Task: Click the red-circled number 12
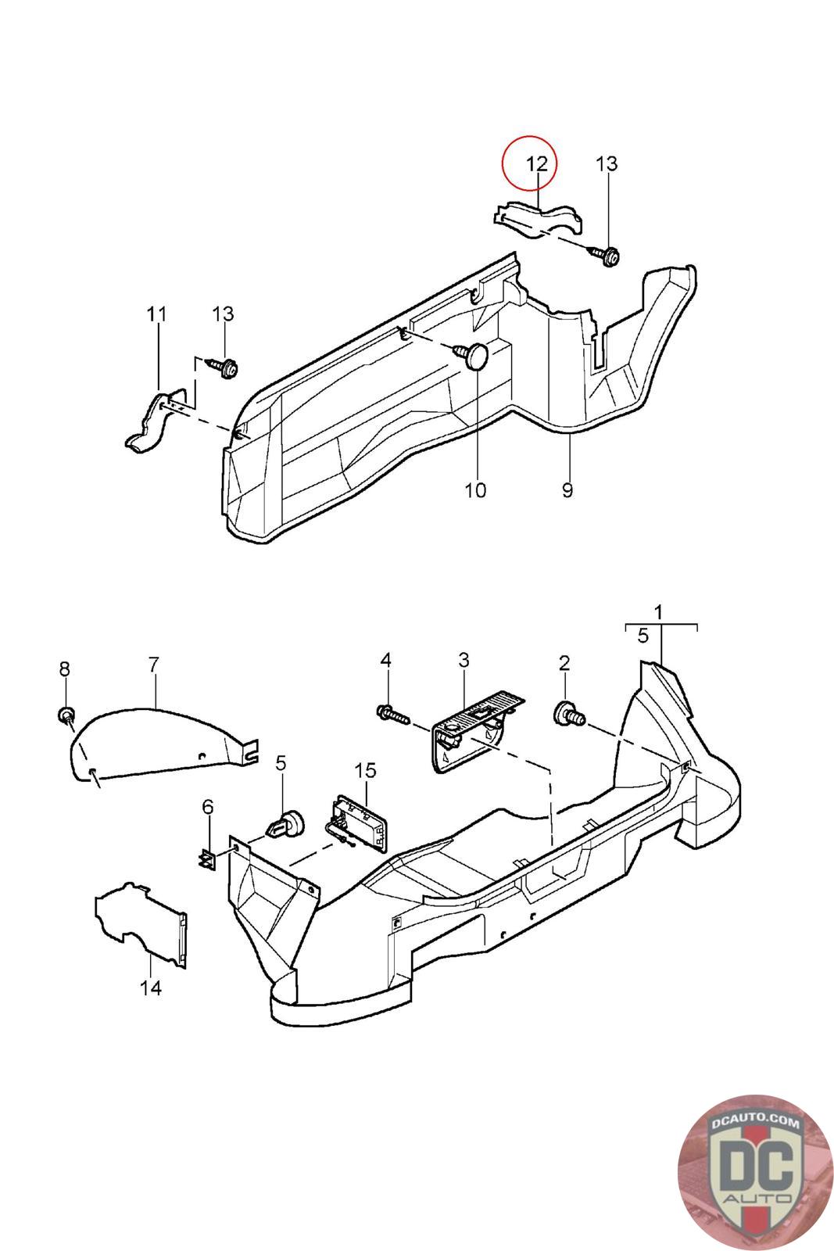click(537, 164)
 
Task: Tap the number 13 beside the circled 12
click(607, 164)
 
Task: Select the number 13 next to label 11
click(223, 314)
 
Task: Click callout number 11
click(157, 314)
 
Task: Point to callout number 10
click(475, 490)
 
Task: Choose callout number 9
click(567, 490)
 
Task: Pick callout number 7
click(153, 665)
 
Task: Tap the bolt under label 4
click(393, 713)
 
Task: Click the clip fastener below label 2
click(569, 714)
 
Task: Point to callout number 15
click(365, 771)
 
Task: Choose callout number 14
click(150, 988)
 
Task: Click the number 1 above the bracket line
click(659, 611)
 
